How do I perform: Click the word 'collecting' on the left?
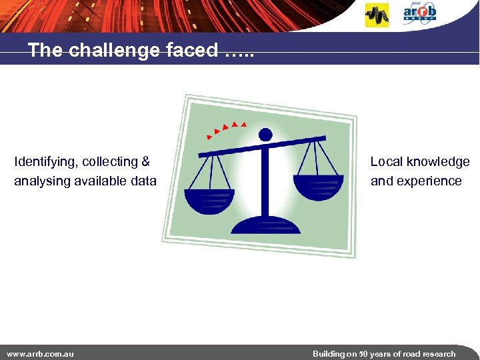click(111, 161)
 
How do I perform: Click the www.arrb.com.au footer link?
click(40, 353)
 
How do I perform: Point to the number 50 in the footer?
click(363, 353)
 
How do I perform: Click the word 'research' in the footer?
click(437, 353)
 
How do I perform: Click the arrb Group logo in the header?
click(419, 13)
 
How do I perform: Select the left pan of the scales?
click(209, 200)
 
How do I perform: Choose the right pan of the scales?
click(319, 186)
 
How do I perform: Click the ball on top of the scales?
click(265, 135)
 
